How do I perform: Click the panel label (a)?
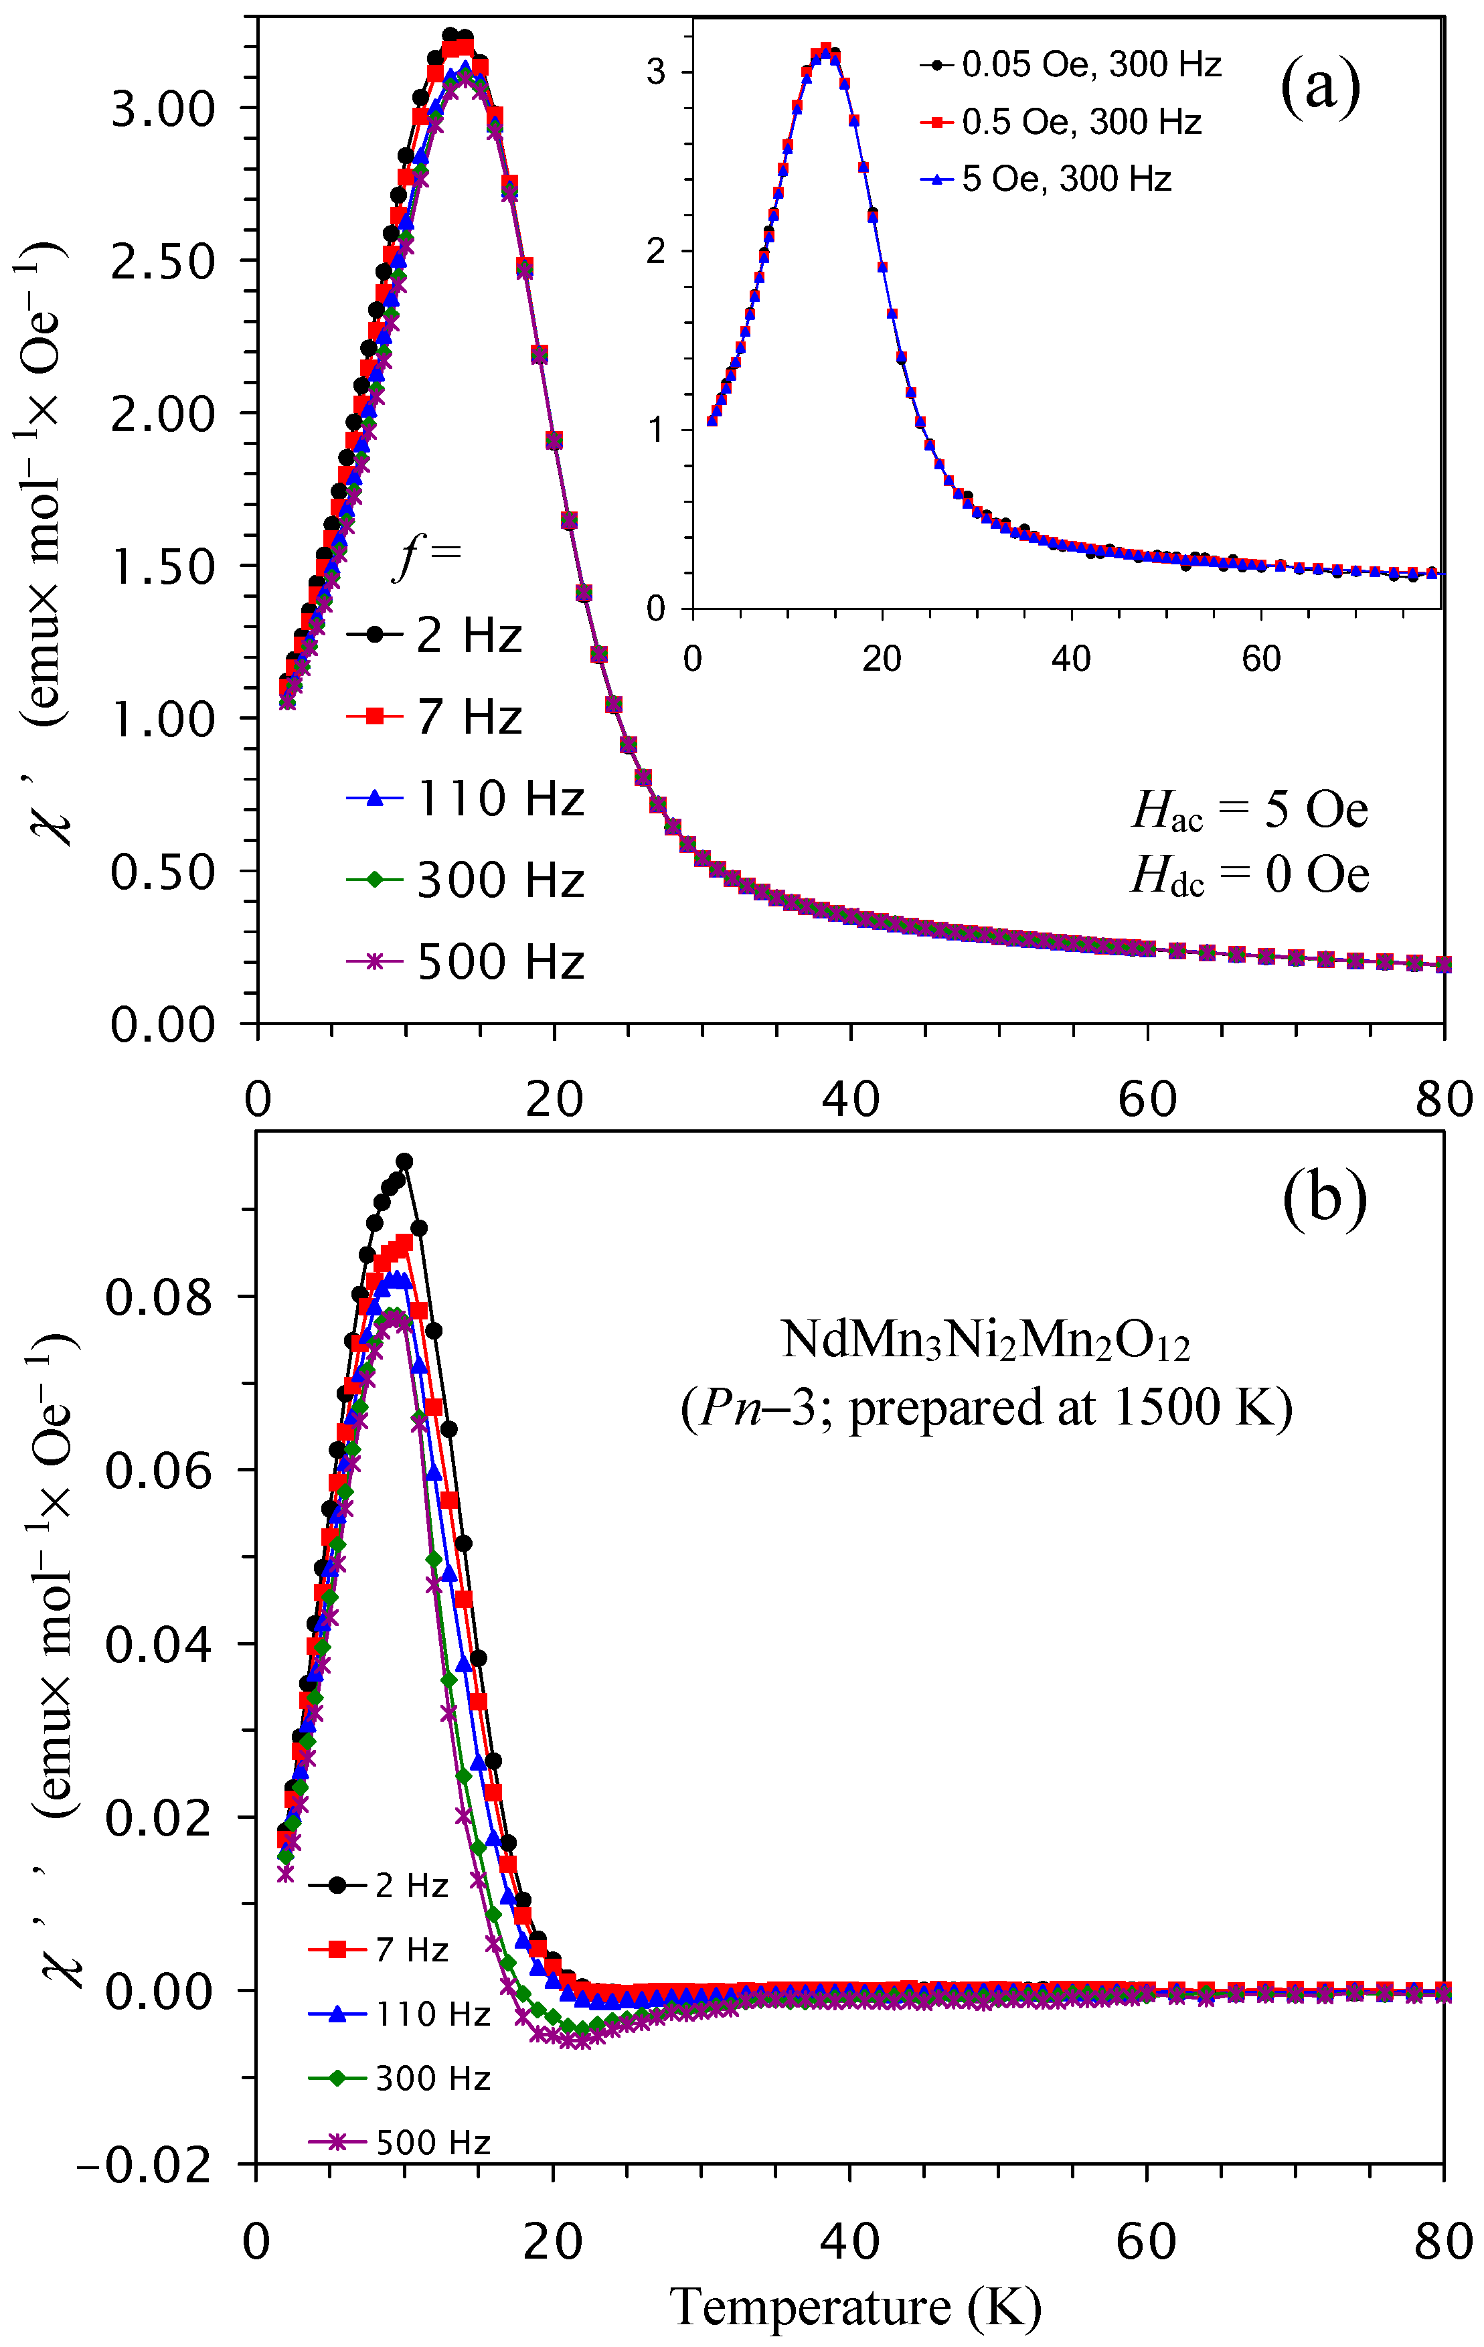1319,88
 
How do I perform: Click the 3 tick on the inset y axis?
656,72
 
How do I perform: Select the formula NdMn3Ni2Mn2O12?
985,1340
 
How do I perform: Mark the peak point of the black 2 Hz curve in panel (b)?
404,1161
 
